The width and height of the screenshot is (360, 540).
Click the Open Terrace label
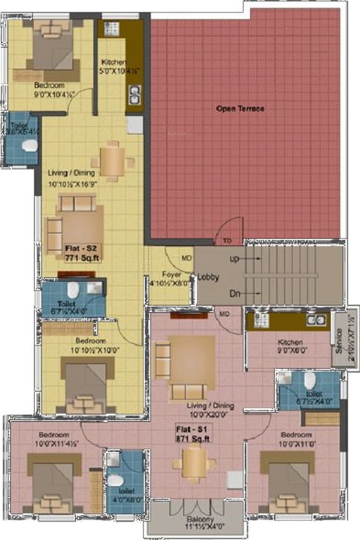240,109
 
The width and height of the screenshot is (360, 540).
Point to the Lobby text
209,277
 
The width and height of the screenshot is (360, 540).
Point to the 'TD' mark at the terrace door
227,240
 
